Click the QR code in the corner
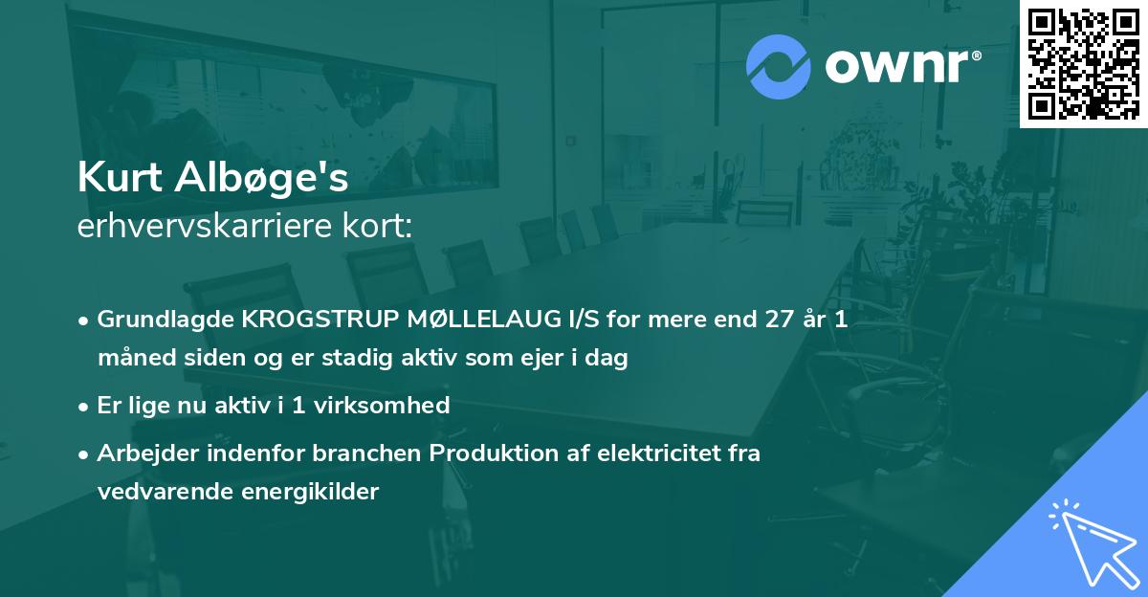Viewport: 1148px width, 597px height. point(1083,64)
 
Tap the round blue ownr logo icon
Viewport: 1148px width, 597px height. point(780,65)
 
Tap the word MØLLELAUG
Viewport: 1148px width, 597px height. point(492,321)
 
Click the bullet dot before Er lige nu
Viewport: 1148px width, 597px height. point(84,406)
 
